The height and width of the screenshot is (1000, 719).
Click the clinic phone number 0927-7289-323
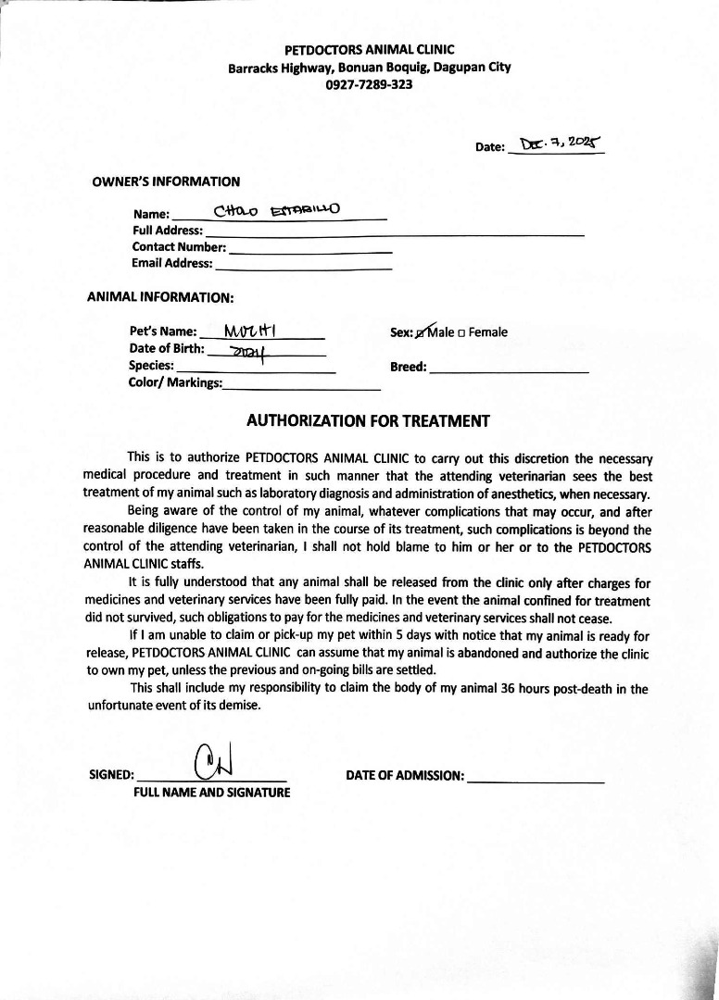click(x=369, y=84)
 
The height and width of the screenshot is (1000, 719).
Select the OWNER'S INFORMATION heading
click(x=166, y=181)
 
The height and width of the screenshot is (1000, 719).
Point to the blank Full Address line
click(x=394, y=231)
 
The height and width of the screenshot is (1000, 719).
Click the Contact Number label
click(x=179, y=247)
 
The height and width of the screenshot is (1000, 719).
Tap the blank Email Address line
click(x=303, y=265)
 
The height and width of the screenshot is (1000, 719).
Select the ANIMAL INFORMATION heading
click(x=160, y=298)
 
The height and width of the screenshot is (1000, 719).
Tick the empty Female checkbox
click(x=461, y=333)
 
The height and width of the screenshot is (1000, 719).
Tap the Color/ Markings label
click(x=175, y=383)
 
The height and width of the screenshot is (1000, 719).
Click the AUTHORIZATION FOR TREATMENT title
click(x=368, y=420)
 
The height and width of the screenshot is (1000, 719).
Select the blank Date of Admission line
click(x=536, y=778)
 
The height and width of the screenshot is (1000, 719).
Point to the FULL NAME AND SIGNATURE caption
click(x=211, y=793)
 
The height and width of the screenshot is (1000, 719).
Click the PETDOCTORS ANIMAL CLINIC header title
click(x=369, y=49)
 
